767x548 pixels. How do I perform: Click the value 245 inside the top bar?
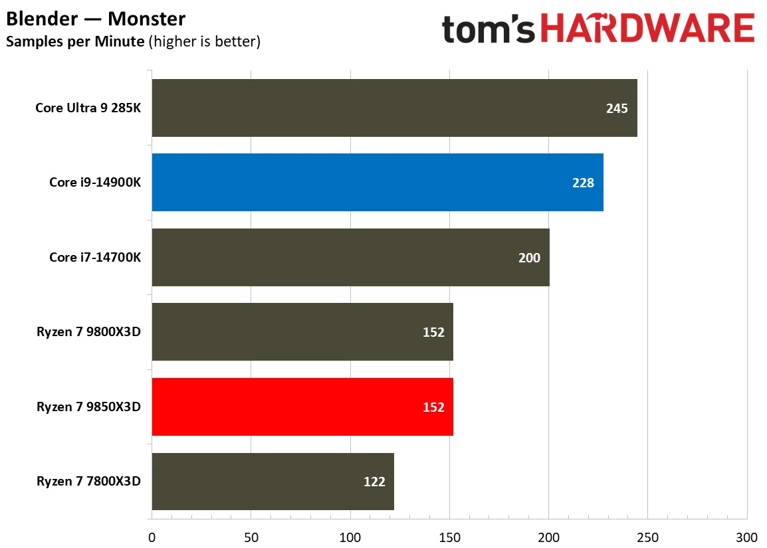tap(616, 108)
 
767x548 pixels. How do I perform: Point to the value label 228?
tap(583, 183)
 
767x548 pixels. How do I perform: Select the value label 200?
tap(529, 258)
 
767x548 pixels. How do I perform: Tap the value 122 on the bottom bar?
tap(374, 482)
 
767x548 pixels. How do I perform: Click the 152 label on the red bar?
tap(433, 407)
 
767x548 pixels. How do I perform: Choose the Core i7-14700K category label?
tap(95, 257)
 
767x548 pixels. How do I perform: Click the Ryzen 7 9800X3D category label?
tap(88, 332)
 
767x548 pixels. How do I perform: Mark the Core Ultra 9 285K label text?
tap(88, 108)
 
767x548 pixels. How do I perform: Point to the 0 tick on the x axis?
tap(152, 537)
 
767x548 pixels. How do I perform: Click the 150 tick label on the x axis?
tap(449, 537)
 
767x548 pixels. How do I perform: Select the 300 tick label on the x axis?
tap(746, 537)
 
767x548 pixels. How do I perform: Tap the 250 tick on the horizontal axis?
tap(647, 537)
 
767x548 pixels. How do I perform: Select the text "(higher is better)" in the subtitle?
tap(205, 42)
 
